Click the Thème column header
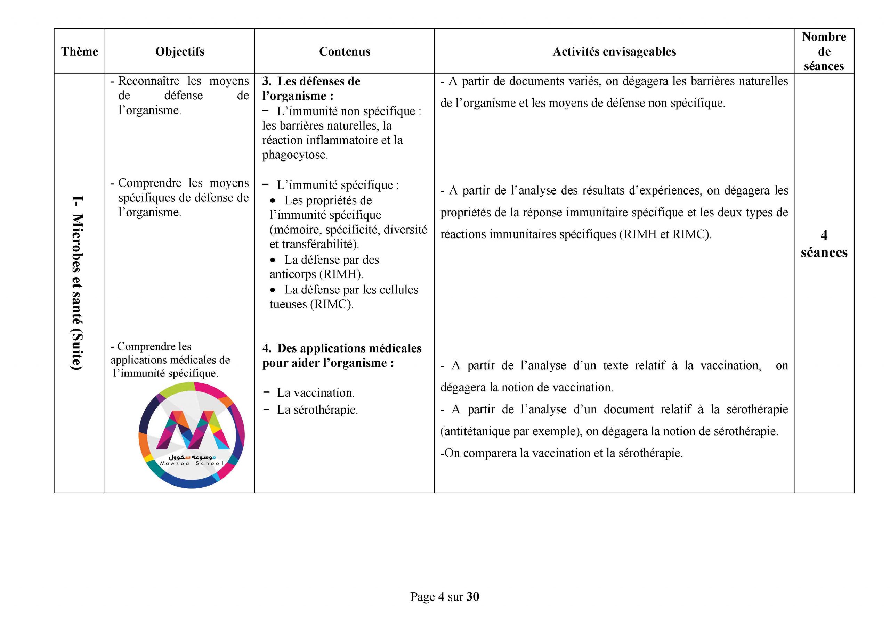(80, 51)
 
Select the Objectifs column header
(179, 51)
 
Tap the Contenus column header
(344, 51)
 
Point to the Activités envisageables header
(614, 51)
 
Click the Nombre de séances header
(824, 51)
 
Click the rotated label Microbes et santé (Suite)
(78, 283)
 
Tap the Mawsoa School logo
(192, 435)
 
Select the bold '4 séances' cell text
(824, 244)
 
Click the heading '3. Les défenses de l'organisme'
(311, 88)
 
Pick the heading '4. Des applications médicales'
(341, 355)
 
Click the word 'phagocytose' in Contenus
(294, 155)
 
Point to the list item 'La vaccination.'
(315, 393)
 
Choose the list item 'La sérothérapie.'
(317, 410)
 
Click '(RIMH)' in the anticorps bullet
(341, 274)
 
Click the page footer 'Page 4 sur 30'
(445, 596)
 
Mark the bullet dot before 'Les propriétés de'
(273, 201)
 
